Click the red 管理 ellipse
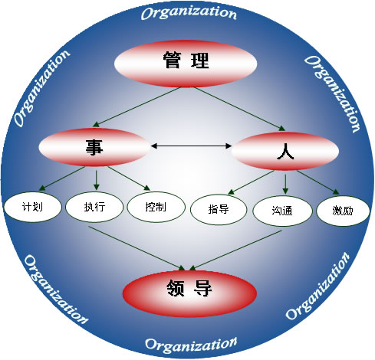pos(186,64)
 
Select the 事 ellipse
pos(94,147)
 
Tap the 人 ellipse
pos(285,151)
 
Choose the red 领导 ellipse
pos(189,293)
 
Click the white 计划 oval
pos(32,207)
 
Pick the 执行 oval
pos(94,207)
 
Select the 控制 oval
pos(156,207)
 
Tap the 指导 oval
pos(219,210)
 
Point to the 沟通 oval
pos(282,211)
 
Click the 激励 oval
pos(343,211)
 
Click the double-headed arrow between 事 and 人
pos(191,146)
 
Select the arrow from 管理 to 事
pos(137,107)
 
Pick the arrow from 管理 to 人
pos(239,109)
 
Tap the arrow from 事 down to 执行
pos(96,180)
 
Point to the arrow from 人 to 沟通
pos(285,184)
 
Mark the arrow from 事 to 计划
pos(61,178)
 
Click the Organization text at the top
pos(189,13)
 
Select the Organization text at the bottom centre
pos(191,345)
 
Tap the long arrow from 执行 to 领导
pos(137,248)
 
